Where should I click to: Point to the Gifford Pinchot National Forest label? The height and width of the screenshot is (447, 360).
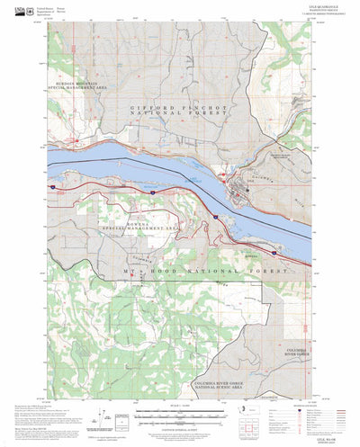pyautogui.click(x=179, y=112)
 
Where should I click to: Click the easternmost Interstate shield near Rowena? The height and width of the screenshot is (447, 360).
pyautogui.click(x=216, y=217)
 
